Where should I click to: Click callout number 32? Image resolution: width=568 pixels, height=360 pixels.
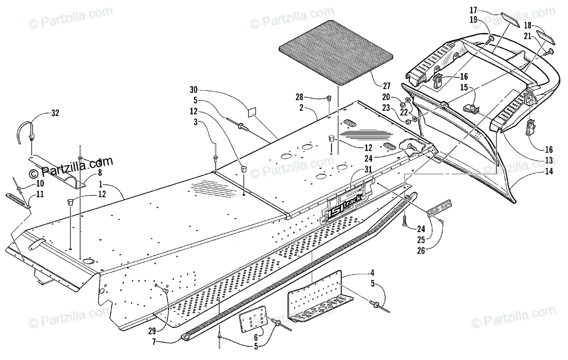point(56,114)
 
